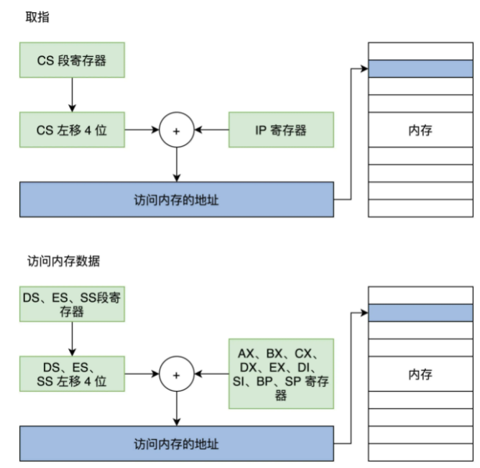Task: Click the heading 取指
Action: [36, 17]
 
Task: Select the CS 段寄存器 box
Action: [72, 60]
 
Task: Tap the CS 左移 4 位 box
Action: [72, 130]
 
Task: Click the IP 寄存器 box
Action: [281, 130]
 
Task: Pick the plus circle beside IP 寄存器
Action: [176, 130]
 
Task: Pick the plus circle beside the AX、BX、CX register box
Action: [176, 373]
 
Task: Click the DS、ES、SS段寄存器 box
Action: [72, 303]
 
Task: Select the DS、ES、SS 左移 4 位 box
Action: [72, 373]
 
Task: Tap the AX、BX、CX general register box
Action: [281, 373]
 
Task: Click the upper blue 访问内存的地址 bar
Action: [177, 199]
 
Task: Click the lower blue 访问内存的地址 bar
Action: [177, 442]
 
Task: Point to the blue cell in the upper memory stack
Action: [420, 69]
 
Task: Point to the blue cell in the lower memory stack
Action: [420, 313]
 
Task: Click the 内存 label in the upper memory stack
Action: [420, 130]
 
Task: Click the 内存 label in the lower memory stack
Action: [420, 374]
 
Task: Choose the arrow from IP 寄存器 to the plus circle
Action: [212, 130]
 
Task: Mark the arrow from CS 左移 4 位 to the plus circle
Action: [142, 130]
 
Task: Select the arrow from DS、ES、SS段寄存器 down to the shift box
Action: [72, 338]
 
